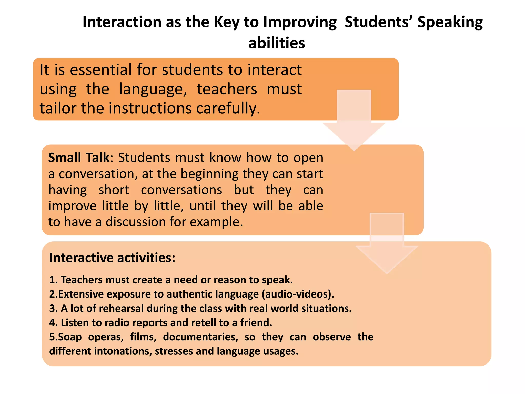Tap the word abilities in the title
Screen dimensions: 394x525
pos(277,43)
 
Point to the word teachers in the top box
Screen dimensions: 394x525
pos(227,89)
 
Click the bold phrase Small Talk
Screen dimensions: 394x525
pos(79,157)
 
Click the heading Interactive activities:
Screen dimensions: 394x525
pos(112,258)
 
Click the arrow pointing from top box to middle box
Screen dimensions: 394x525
pos(354,121)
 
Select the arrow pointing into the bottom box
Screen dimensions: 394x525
pos(387,244)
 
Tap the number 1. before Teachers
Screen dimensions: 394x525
pos(53,280)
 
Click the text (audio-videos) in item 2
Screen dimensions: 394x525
pos(297,294)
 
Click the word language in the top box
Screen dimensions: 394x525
pos(153,90)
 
